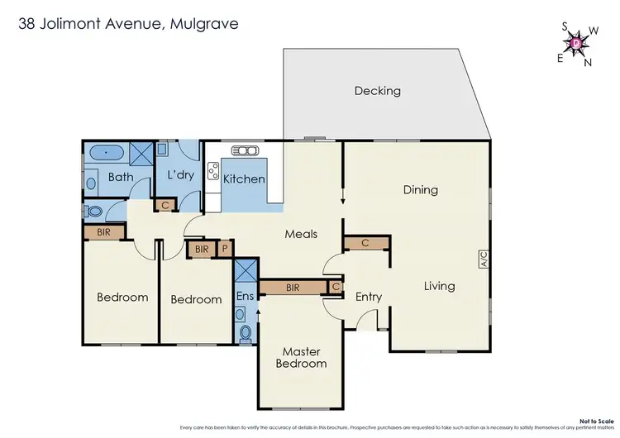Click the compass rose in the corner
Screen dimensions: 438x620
[x=576, y=41]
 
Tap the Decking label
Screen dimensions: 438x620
[x=377, y=91]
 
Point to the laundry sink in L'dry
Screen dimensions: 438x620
[x=163, y=150]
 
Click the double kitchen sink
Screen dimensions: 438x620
[x=246, y=150]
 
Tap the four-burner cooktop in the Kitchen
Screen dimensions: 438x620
[x=212, y=173]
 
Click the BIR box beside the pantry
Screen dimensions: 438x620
[x=202, y=248]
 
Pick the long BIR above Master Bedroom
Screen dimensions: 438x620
[x=293, y=288]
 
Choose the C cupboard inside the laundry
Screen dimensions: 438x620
[x=166, y=205]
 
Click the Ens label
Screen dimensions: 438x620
[x=245, y=296]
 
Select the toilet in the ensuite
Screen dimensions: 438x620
[x=245, y=332]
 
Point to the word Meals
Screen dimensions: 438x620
[x=301, y=234]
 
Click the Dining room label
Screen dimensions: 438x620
[x=420, y=190]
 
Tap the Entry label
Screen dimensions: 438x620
[x=368, y=297]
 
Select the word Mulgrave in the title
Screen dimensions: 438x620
[x=204, y=24]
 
